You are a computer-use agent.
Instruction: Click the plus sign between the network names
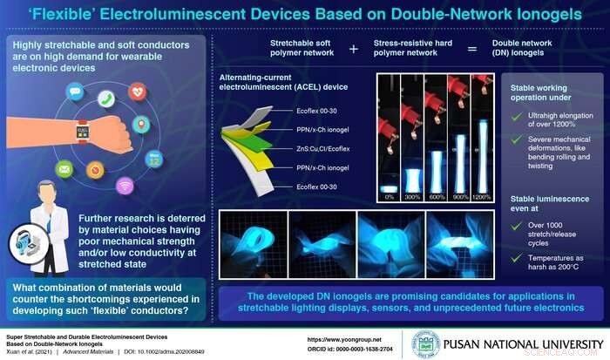[352, 49]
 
